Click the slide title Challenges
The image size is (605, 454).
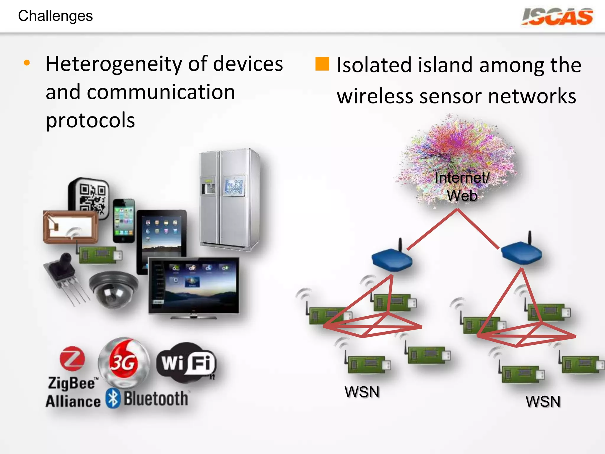pyautogui.click(x=56, y=16)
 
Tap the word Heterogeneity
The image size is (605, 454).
pyautogui.click(x=114, y=64)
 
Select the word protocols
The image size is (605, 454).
pyautogui.click(x=90, y=121)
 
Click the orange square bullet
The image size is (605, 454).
pyautogui.click(x=322, y=64)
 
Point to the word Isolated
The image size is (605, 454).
pyautogui.click(x=374, y=65)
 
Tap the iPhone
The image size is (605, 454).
pyautogui.click(x=124, y=220)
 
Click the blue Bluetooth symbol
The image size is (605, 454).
pyautogui.click(x=113, y=399)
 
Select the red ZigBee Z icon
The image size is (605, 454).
pyautogui.click(x=72, y=359)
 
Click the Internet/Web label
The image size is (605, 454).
pyautogui.click(x=462, y=187)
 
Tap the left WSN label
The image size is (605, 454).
pyautogui.click(x=362, y=392)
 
